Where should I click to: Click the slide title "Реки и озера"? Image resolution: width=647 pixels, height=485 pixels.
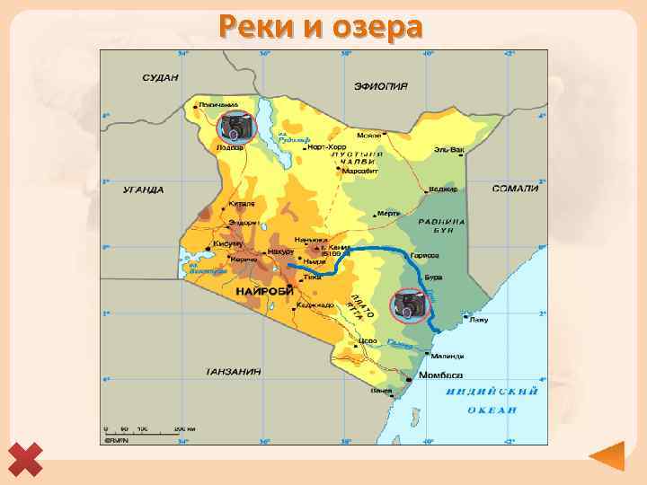click(320, 27)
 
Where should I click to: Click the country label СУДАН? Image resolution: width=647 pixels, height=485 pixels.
click(159, 78)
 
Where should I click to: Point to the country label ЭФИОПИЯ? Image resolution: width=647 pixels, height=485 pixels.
click(381, 86)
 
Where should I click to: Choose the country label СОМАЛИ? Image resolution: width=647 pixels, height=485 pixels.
click(515, 189)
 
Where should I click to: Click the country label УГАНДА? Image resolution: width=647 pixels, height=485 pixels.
click(143, 190)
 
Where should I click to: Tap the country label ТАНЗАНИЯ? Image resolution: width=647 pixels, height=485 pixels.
click(233, 371)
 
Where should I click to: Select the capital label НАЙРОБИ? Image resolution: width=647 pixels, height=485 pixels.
click(261, 293)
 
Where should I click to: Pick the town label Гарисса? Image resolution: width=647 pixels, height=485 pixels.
click(425, 256)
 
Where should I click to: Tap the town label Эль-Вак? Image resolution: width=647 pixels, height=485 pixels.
click(449, 149)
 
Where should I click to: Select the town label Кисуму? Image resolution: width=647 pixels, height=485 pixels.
click(227, 243)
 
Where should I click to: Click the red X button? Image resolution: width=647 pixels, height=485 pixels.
click(28, 460)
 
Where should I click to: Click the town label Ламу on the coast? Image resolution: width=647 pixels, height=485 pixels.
click(478, 319)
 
